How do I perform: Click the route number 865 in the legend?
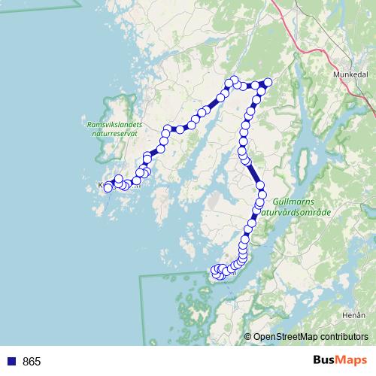(32, 361)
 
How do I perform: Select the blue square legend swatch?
(13, 361)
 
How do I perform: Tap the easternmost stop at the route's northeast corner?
(265, 83)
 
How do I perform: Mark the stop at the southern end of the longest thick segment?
(260, 184)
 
